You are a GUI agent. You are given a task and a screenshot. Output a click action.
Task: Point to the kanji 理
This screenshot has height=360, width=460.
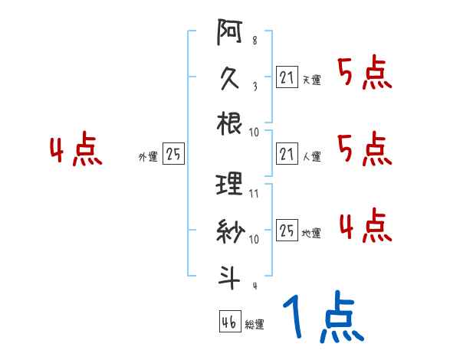coord(230,185)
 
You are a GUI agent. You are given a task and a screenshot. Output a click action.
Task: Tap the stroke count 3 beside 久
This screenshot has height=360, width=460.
coord(254,87)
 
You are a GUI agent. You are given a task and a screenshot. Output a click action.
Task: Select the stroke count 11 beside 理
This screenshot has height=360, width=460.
coord(254,194)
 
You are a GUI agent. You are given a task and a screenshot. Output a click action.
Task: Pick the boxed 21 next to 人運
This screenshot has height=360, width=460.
coord(287,154)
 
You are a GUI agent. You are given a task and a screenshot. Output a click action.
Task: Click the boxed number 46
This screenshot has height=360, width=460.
coord(228,322)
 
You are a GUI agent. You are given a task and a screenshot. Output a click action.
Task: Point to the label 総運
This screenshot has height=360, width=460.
coord(255,325)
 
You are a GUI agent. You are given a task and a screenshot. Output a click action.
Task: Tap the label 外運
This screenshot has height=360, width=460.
coord(147,157)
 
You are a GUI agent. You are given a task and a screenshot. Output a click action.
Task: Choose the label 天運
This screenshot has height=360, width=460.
coord(311,79)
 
